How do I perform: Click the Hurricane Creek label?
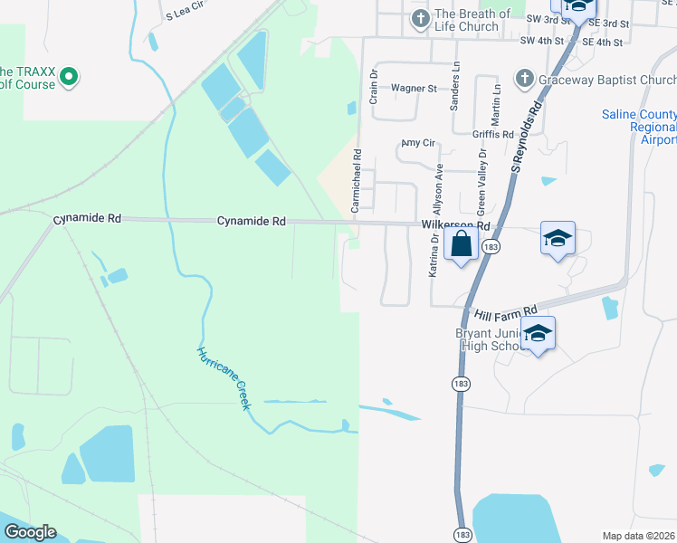(223, 378)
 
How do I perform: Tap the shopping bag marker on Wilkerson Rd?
(461, 243)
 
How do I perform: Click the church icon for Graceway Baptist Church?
(524, 80)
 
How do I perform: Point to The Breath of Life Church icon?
(420, 19)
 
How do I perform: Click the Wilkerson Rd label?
(455, 225)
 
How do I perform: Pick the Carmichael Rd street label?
(357, 181)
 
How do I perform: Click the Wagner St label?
(414, 89)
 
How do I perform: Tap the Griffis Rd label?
(492, 134)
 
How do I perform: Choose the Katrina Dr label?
(434, 255)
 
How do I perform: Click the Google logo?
(30, 532)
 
